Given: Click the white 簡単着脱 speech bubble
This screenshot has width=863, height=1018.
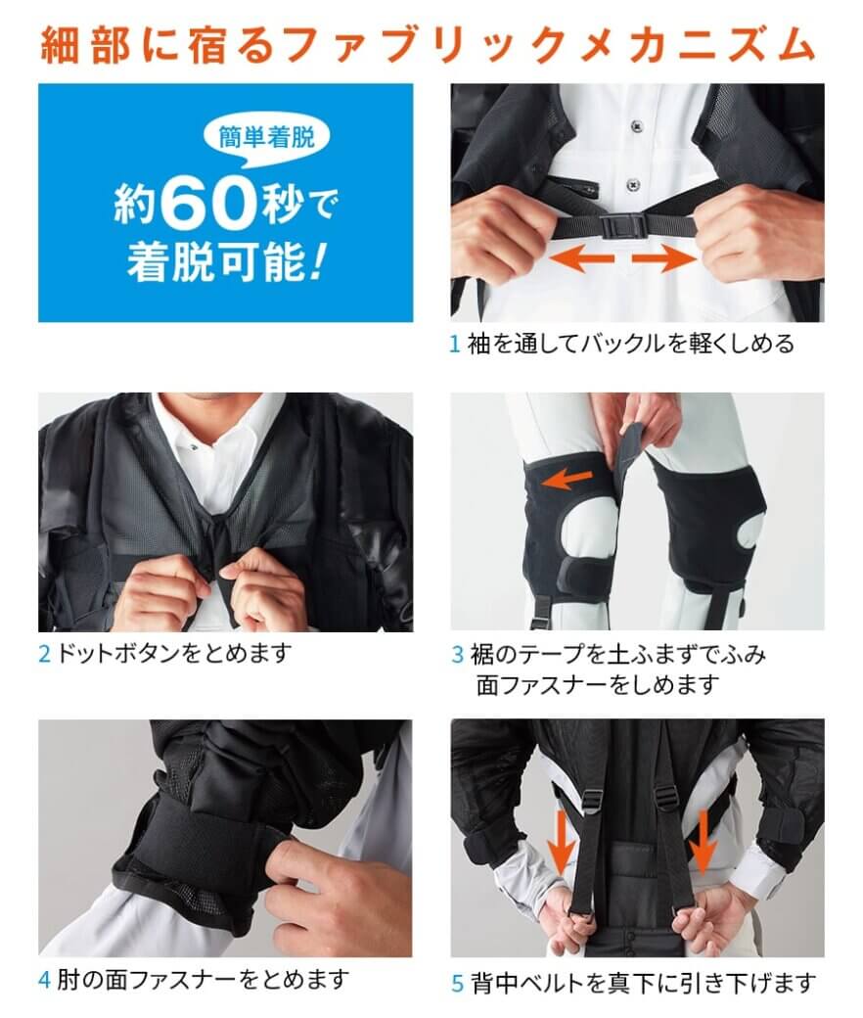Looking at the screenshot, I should coord(266,138).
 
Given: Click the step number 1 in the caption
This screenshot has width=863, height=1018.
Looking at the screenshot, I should coord(454,345).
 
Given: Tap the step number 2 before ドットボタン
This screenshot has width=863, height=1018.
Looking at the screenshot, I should coord(44,653).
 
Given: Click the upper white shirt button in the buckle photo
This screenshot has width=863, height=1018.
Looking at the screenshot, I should coord(636,125).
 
